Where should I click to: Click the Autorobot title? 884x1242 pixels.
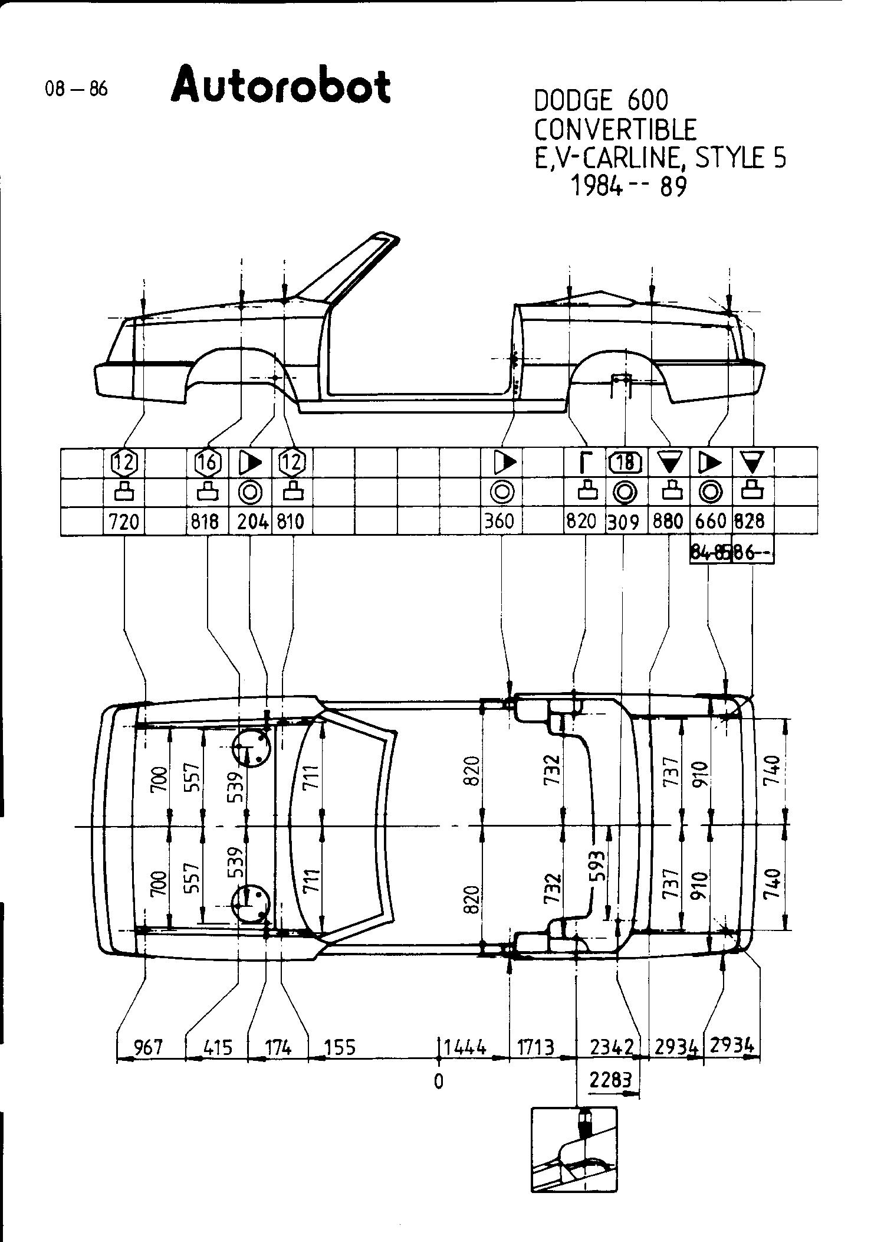click(x=281, y=87)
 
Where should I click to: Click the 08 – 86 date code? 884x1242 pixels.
click(x=76, y=90)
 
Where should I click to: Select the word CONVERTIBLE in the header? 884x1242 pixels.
click(x=616, y=130)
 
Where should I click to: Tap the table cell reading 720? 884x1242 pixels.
click(x=124, y=522)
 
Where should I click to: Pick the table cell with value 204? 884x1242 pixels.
click(x=252, y=522)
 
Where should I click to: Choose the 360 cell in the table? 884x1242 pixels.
click(x=501, y=522)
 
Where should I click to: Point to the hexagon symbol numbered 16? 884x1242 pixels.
click(x=208, y=462)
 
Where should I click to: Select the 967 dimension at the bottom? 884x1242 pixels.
click(x=148, y=1047)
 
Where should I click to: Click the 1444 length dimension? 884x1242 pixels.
click(x=465, y=1047)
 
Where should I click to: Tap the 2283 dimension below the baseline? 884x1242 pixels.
click(x=611, y=1080)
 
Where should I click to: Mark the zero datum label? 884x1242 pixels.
click(x=438, y=1082)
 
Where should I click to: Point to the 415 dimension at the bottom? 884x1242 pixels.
click(x=218, y=1048)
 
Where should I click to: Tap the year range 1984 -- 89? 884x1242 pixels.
click(x=629, y=187)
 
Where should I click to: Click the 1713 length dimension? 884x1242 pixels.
click(x=535, y=1047)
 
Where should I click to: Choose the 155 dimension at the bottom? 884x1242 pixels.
click(x=340, y=1047)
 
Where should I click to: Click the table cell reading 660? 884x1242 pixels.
click(x=711, y=522)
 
